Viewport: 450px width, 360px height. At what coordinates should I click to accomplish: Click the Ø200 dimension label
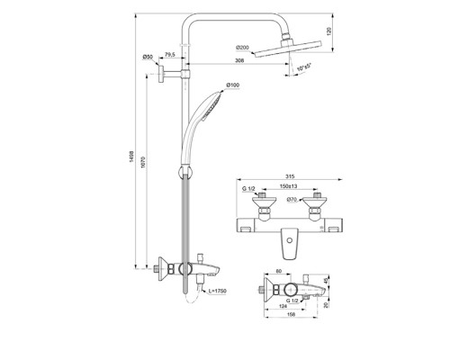pos(242,46)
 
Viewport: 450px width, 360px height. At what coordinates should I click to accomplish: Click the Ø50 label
pos(148,57)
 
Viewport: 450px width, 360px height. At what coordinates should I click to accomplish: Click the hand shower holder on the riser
pos(185,169)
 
